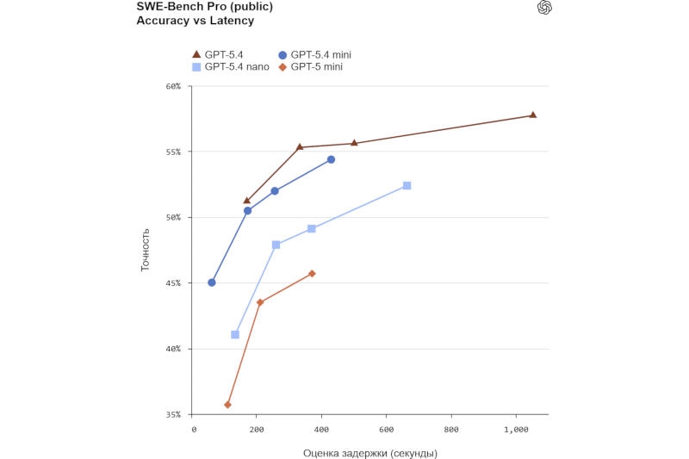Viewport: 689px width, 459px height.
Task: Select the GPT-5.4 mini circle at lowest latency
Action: click(212, 282)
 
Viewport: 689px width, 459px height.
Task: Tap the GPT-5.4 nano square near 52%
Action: click(407, 185)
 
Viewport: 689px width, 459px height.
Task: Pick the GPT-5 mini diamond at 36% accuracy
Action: click(227, 405)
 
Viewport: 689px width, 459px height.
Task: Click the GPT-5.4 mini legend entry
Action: click(314, 55)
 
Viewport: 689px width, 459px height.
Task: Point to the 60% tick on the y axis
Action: click(173, 86)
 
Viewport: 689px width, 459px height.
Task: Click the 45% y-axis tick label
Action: click(173, 283)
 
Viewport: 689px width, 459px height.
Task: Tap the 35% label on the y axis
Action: click(173, 414)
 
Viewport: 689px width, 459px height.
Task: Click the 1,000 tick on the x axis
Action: click(516, 429)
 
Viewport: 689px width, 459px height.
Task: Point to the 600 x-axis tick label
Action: click(388, 429)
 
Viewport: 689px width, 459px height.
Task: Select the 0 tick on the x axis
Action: click(194, 429)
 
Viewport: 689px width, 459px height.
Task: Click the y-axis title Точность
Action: click(146, 250)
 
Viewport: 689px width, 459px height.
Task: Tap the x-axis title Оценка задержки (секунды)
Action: click(369, 453)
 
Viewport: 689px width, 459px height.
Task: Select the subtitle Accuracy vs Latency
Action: click(183, 21)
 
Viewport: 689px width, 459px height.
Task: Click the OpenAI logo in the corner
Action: click(543, 8)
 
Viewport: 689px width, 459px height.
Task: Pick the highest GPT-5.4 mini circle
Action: click(331, 159)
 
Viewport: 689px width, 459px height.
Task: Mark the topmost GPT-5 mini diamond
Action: click(312, 273)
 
